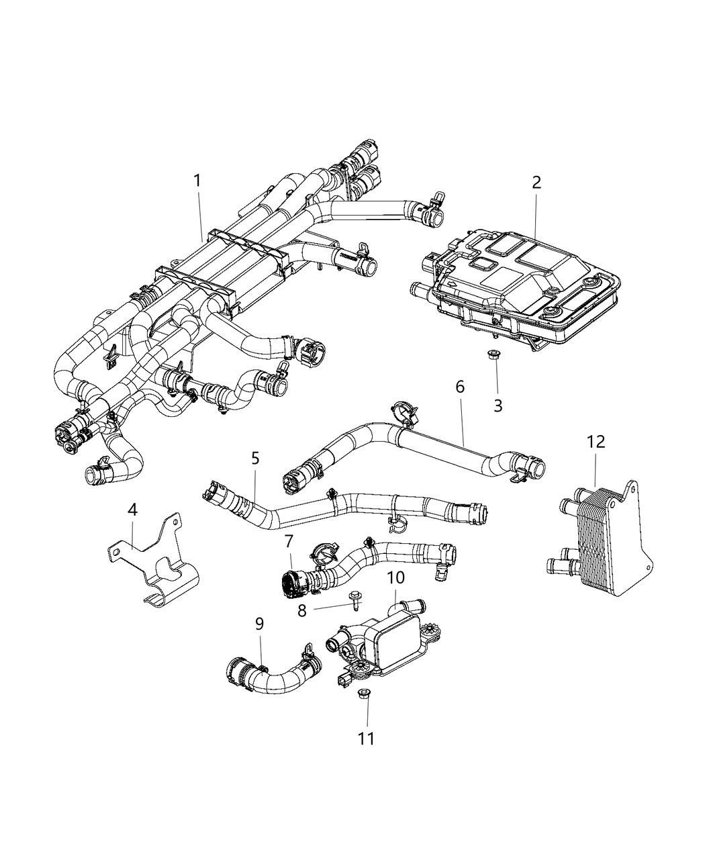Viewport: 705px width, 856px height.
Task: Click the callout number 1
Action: pyautogui.click(x=197, y=181)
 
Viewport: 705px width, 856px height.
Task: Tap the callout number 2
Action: pyautogui.click(x=536, y=182)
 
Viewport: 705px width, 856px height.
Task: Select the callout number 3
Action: pyautogui.click(x=498, y=406)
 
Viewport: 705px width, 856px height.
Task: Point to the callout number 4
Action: pyautogui.click(x=133, y=510)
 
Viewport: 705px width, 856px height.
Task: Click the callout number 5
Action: pyautogui.click(x=254, y=459)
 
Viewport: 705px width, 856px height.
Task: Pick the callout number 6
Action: pyautogui.click(x=460, y=387)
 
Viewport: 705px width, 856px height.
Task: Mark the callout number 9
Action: pyautogui.click(x=259, y=624)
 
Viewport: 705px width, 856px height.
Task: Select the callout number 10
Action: pyautogui.click(x=395, y=577)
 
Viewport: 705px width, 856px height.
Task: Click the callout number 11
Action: pyautogui.click(x=366, y=739)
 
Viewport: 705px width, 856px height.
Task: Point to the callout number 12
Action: pyautogui.click(x=596, y=441)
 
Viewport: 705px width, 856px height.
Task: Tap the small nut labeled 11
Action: pyautogui.click(x=365, y=694)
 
